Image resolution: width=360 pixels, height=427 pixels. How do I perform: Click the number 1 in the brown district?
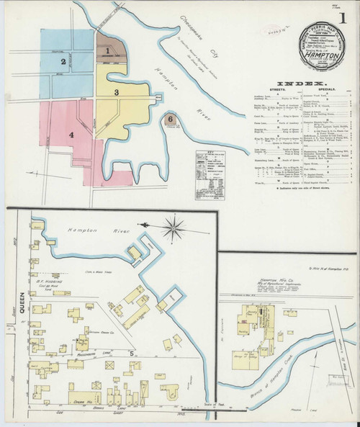tap(108, 50)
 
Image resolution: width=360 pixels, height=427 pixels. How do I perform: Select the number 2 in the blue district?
tap(63, 62)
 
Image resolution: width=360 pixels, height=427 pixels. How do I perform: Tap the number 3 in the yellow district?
tap(125, 91)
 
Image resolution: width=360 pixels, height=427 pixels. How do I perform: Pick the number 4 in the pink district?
tap(71, 134)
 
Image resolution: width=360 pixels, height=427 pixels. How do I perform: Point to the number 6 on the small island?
tap(170, 118)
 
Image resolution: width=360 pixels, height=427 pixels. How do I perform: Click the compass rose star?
tap(174, 231)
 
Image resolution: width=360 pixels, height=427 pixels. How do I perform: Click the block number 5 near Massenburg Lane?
tap(132, 354)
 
